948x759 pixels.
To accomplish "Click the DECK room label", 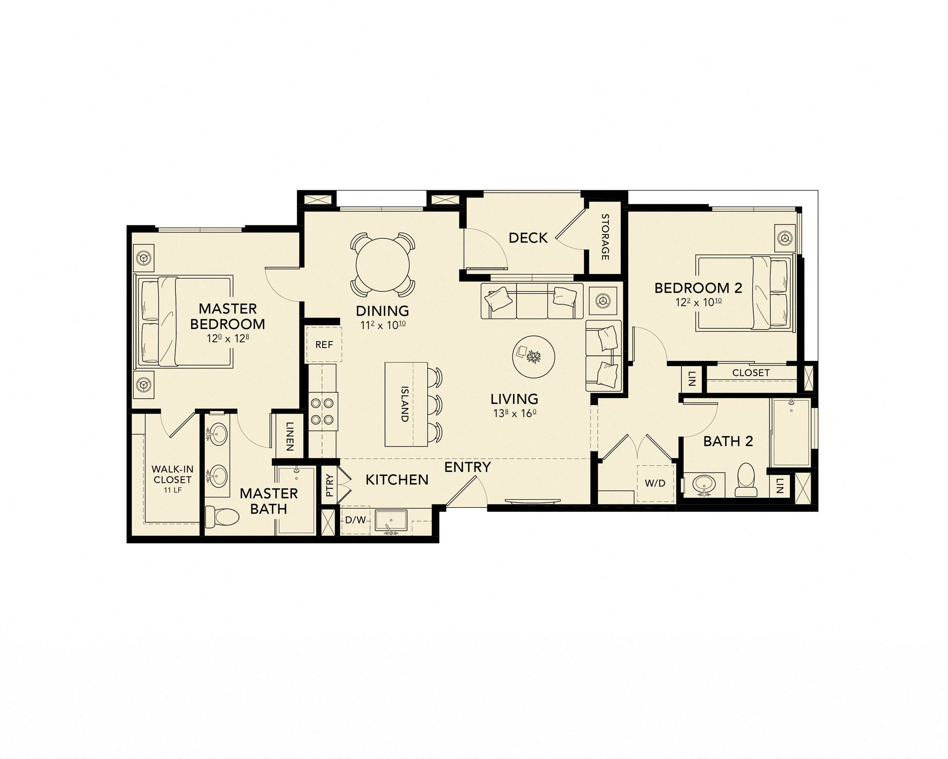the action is coord(528,238).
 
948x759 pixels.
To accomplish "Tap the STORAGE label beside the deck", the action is coord(605,237).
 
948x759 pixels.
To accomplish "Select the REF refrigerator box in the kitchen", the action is coord(324,345).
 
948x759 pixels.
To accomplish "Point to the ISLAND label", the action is coord(405,404).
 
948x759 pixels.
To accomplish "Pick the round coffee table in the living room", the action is coord(533,356).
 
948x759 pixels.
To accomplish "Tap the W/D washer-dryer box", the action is coord(655,483).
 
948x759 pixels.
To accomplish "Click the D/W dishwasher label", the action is coord(355,520).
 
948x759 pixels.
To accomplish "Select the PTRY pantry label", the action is coord(330,485).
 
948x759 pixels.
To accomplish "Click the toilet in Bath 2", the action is coord(745,480).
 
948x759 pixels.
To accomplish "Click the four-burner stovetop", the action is coord(322,411).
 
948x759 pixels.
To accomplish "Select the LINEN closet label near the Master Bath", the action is coord(289,436).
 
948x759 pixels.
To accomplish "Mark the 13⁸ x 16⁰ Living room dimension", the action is coord(514,413).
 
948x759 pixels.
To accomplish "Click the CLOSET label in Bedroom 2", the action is coord(751,373).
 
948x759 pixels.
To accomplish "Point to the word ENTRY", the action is coord(468,467).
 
